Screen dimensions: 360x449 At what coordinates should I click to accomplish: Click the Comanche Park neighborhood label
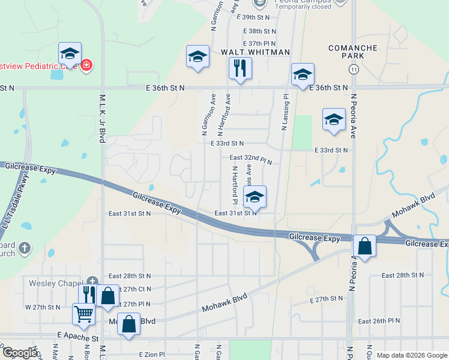click(x=353, y=52)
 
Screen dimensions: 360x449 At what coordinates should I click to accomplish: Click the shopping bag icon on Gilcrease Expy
click(x=364, y=246)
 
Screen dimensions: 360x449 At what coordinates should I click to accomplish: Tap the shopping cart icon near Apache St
click(x=84, y=314)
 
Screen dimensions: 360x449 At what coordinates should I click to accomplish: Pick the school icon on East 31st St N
click(x=255, y=197)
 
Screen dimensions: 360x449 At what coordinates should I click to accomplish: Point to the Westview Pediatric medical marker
click(x=86, y=65)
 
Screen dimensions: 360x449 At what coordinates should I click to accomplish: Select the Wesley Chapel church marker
click(x=92, y=281)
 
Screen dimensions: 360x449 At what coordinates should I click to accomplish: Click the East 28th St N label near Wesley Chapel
click(x=128, y=276)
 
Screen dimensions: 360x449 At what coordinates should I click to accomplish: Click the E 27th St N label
click(x=326, y=298)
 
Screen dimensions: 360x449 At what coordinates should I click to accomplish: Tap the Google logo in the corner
click(x=20, y=353)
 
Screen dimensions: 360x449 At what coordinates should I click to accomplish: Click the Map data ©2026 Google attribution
click(x=412, y=355)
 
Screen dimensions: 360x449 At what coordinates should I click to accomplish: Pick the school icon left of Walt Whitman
click(x=197, y=57)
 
